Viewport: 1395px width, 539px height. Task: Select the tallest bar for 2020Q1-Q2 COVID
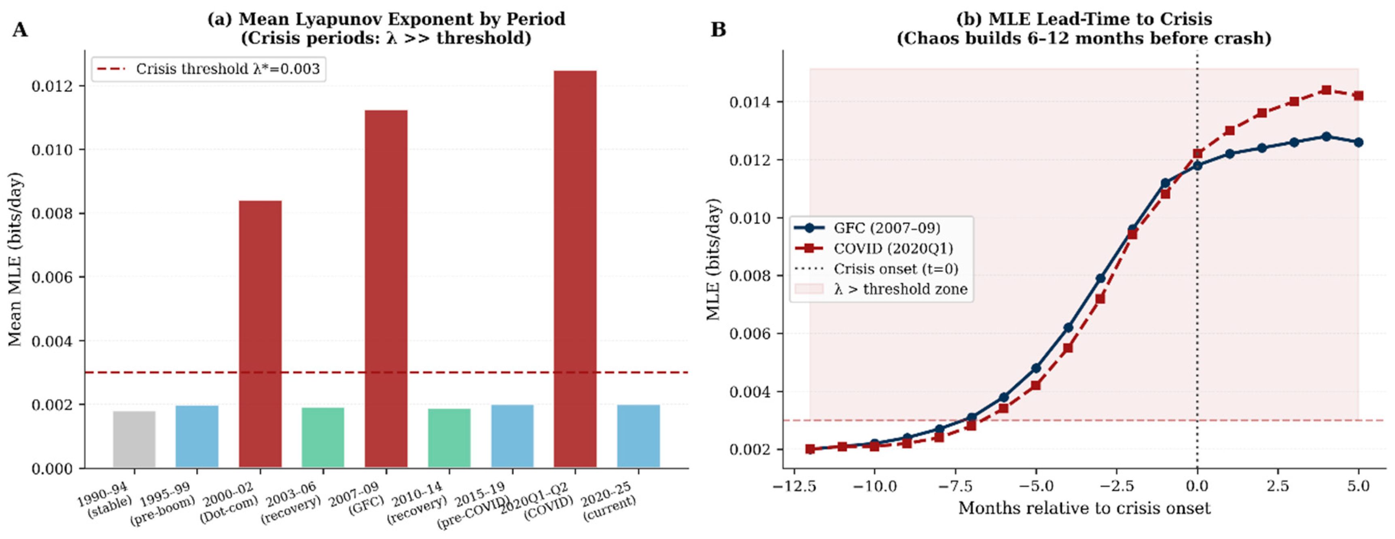pos(575,268)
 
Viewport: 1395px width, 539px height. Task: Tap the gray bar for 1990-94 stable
pos(134,439)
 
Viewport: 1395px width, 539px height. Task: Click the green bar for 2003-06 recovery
pos(323,437)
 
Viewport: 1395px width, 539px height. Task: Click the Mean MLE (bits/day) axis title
pos(15,259)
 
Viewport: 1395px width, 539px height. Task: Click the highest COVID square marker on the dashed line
pos(1326,90)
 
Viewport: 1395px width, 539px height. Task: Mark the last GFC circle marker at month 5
pos(1358,142)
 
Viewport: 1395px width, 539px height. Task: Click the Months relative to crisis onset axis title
pos(1084,509)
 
